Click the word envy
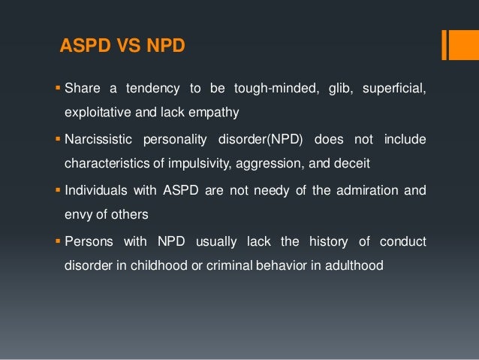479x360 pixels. click(77, 213)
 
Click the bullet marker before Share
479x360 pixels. click(57, 89)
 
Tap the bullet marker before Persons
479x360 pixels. click(57, 241)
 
